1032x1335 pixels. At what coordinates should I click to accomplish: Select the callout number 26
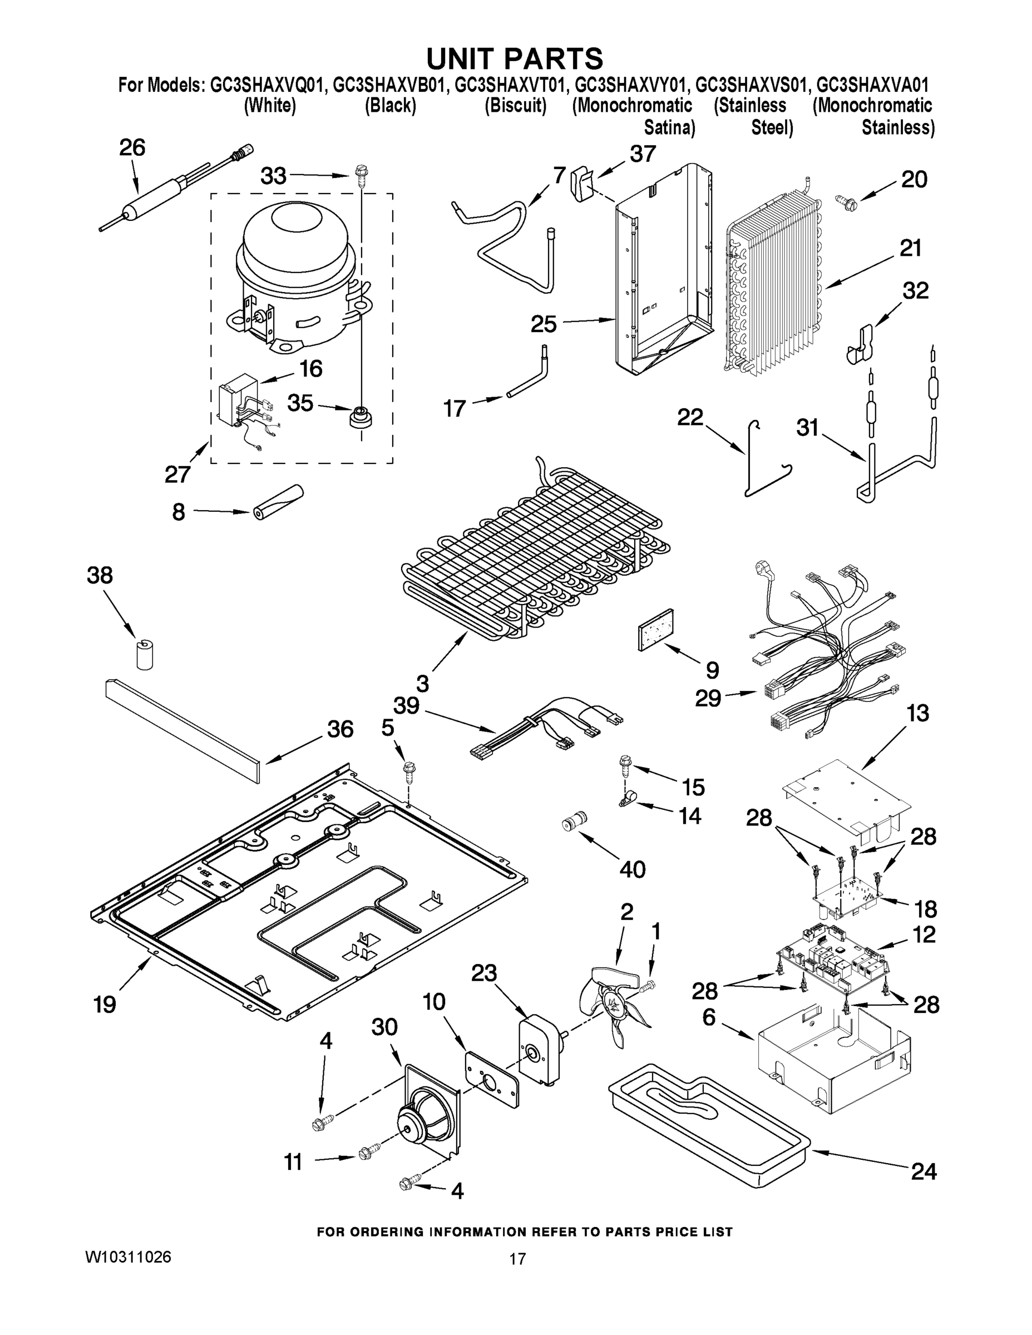[x=132, y=148]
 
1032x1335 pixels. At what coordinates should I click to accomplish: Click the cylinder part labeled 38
[x=144, y=654]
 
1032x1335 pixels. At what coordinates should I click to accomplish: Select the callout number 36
[x=340, y=729]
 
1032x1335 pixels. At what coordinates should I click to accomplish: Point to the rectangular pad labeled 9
[x=655, y=630]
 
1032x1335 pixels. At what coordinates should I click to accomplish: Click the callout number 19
[x=105, y=1003]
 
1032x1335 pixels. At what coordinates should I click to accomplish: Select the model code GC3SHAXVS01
[x=753, y=85]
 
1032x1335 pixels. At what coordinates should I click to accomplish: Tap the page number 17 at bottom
[x=517, y=1259]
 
